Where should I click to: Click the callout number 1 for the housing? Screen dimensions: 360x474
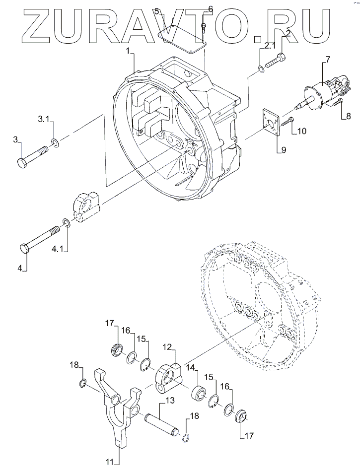pyautogui.click(x=128, y=52)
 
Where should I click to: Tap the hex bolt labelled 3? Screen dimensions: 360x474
pyautogui.click(x=32, y=156)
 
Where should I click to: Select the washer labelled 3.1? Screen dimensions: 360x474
pyautogui.click(x=55, y=142)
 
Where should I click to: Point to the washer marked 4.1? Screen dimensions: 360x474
pyautogui.click(x=67, y=223)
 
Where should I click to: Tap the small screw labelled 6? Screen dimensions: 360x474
pyautogui.click(x=203, y=28)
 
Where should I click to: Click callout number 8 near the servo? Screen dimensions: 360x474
pyautogui.click(x=348, y=116)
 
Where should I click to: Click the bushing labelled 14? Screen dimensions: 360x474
pyautogui.click(x=199, y=392)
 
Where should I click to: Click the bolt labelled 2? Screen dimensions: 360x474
pyautogui.click(x=275, y=61)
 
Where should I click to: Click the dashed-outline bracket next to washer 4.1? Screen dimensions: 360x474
pyautogui.click(x=86, y=207)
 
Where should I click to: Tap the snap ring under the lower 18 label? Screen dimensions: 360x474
pyautogui.click(x=186, y=438)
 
